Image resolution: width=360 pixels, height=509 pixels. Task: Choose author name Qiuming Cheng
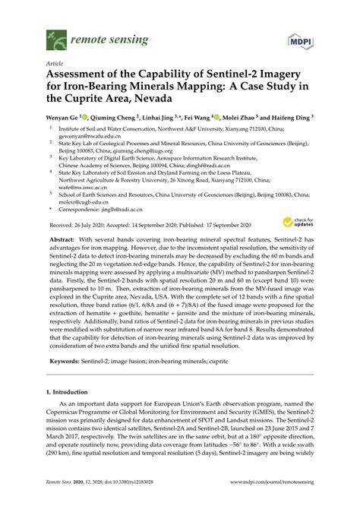[116, 119]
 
